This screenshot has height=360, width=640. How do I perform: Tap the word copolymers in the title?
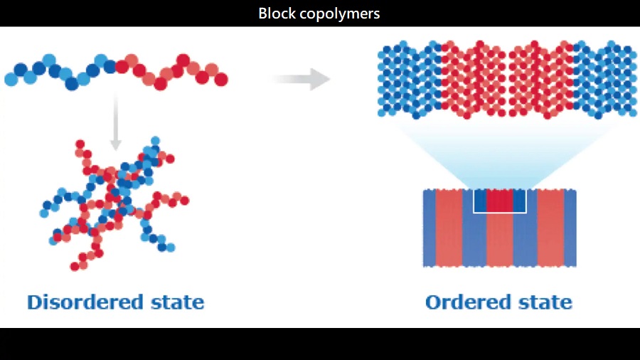click(340, 14)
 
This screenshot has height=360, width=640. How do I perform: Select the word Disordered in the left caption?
click(85, 302)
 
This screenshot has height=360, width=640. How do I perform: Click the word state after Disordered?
click(177, 303)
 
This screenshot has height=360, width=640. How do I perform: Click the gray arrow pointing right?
click(301, 79)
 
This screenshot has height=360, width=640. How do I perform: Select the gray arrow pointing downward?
click(115, 122)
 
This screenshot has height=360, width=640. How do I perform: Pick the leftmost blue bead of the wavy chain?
click(11, 79)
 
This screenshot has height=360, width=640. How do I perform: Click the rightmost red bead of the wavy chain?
click(221, 79)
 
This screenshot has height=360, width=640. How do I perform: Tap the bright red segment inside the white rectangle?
click(500, 201)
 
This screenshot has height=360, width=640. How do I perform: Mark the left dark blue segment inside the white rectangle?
click(481, 201)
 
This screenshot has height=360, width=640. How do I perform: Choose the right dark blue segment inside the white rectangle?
click(519, 201)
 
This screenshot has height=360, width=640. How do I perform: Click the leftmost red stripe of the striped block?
click(449, 228)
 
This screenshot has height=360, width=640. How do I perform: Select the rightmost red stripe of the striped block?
click(550, 228)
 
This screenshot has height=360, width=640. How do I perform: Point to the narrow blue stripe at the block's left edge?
click(430, 228)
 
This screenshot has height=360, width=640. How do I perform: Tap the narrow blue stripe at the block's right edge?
click(570, 228)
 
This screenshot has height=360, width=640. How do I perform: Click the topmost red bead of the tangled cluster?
click(80, 144)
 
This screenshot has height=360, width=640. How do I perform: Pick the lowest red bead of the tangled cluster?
click(75, 267)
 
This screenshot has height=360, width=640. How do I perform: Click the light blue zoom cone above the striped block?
click(501, 159)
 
